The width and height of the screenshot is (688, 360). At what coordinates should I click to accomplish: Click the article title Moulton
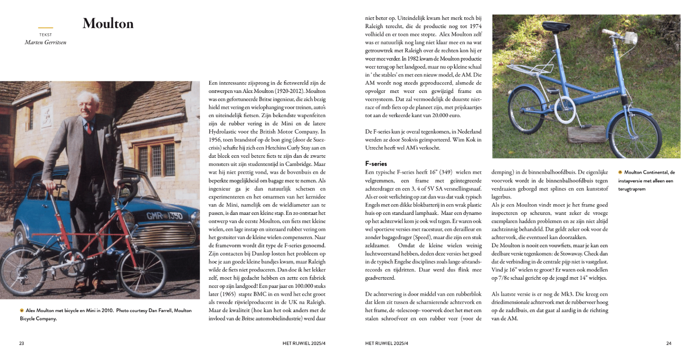(108, 24)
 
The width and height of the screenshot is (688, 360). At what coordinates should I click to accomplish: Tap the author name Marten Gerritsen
(46, 42)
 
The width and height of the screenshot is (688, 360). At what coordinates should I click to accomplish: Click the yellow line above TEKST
(46, 28)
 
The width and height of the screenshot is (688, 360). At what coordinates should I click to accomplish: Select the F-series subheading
(376, 164)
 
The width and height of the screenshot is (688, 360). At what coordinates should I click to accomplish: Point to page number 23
(22, 344)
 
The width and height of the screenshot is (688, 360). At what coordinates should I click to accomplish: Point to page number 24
(669, 344)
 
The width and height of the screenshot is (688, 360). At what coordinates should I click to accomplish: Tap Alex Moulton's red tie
(89, 127)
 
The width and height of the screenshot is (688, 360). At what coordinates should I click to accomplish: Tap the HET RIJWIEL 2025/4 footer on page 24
(386, 344)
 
